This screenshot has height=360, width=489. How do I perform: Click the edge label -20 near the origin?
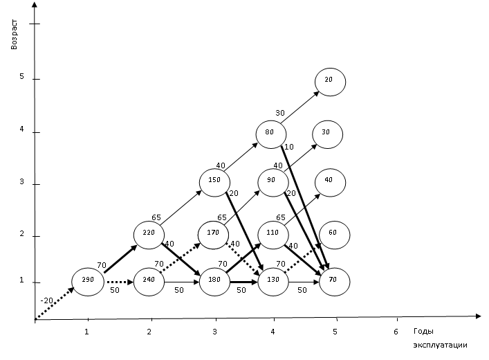pyautogui.click(x=47, y=300)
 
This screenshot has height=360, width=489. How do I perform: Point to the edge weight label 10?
pyautogui.click(x=289, y=147)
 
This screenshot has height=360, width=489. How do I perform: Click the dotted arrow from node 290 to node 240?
pyautogui.click(x=120, y=282)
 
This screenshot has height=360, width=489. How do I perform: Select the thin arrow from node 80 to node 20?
pyautogui.click(x=299, y=107)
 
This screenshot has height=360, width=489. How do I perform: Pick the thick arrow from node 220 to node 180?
pyautogui.click(x=181, y=259)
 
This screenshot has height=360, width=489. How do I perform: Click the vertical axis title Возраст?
pyautogui.click(x=14, y=35)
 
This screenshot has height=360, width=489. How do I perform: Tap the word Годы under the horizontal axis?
pyautogui.click(x=423, y=332)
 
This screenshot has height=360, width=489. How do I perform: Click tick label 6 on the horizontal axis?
pyautogui.click(x=396, y=332)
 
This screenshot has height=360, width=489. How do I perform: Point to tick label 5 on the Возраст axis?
pyautogui.click(x=21, y=76)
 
